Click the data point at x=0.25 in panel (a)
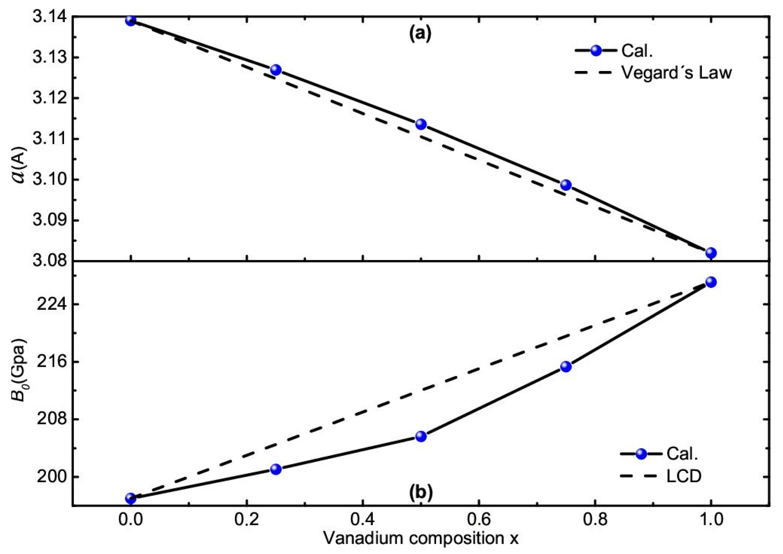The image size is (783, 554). (x=276, y=70)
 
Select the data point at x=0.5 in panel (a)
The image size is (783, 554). (x=421, y=124)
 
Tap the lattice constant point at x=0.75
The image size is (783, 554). (x=566, y=185)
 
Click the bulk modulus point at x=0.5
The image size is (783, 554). (x=421, y=436)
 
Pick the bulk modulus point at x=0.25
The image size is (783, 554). (x=276, y=469)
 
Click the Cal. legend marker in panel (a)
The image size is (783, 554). (x=596, y=50)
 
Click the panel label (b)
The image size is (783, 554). (x=421, y=493)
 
